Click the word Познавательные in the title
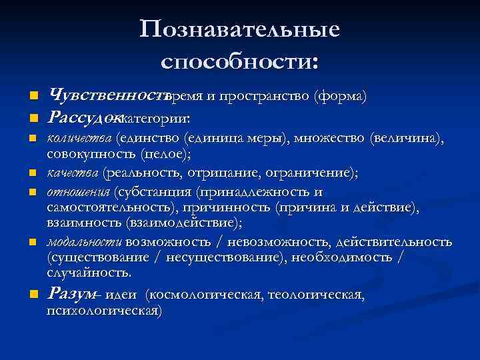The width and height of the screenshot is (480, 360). (x=240, y=30)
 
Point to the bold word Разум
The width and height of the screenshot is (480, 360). (x=71, y=293)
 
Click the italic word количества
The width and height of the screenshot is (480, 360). (x=79, y=139)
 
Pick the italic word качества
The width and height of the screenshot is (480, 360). (x=73, y=173)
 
